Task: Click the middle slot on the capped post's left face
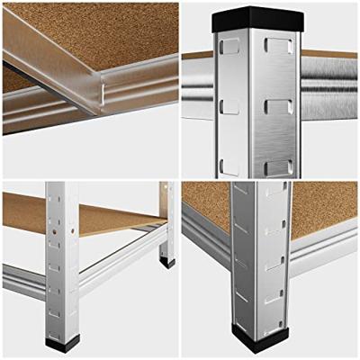229,105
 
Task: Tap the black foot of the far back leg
167,263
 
